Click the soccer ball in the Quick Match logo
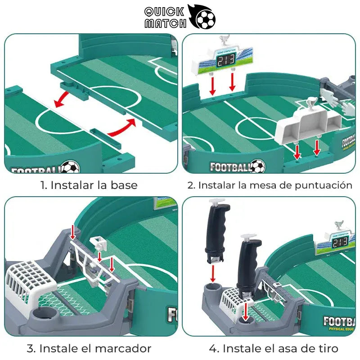tap(205, 19)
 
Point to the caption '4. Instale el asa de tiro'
tap(274, 348)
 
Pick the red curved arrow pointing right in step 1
tap(122, 128)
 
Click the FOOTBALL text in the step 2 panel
tap(229, 167)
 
